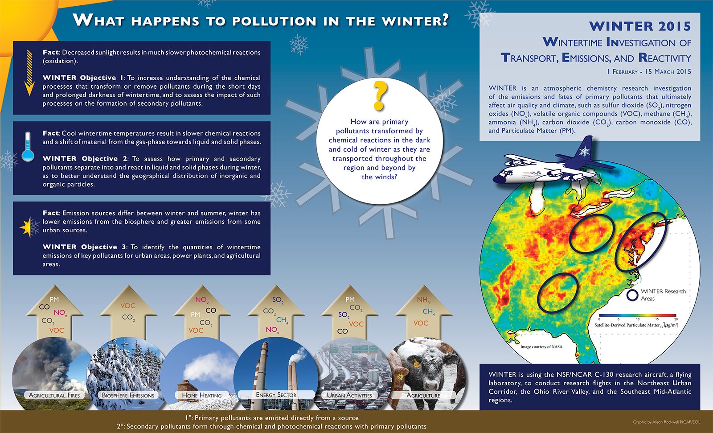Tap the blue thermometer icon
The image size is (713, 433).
pos(28,147)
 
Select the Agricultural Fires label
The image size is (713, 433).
pos(54,396)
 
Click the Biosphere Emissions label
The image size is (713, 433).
pos(128,396)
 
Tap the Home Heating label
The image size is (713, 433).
pos(202,396)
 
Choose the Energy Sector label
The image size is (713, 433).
pos(276,395)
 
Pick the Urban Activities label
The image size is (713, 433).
pos(349,396)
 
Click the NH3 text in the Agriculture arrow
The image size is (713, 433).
pos(423,300)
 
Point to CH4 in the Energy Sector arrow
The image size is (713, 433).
pos(283,320)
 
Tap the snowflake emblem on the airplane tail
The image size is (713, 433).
pos(584,151)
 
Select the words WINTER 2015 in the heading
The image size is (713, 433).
pos(640,26)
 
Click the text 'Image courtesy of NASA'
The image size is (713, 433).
pos(541,346)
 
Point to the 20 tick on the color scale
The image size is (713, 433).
pos(676,319)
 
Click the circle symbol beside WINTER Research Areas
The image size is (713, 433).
pos(632,295)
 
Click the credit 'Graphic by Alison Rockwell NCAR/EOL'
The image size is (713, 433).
pos(667,422)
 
